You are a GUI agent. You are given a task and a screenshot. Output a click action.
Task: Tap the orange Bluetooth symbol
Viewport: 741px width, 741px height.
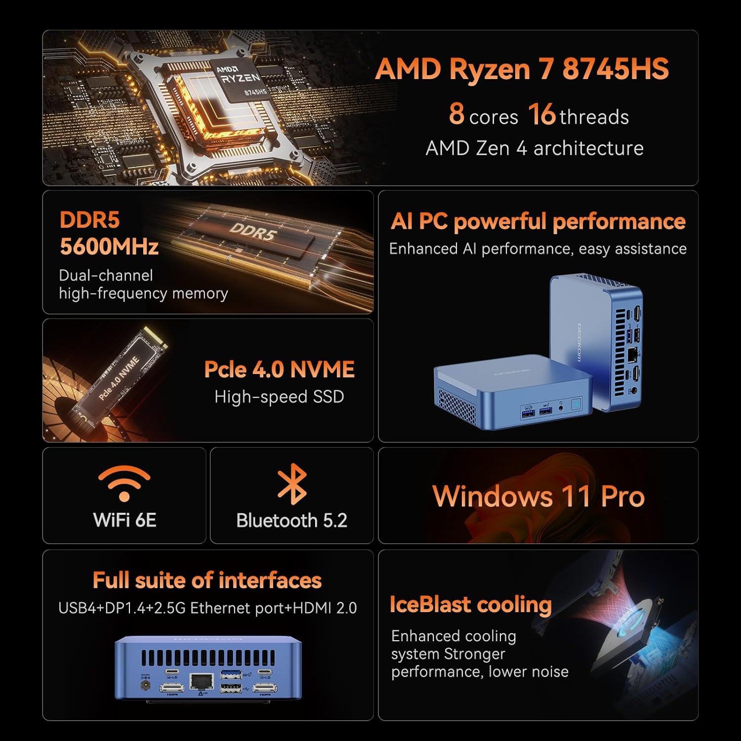292,484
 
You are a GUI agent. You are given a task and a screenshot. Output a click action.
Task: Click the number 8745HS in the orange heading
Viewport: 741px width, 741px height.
616,69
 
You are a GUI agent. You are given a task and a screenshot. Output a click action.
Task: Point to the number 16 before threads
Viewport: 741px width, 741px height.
542,114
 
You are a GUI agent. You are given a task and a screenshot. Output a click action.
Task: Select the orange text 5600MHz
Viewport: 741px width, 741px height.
109,247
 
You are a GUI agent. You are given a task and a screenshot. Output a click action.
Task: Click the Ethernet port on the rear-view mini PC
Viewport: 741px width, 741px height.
202,682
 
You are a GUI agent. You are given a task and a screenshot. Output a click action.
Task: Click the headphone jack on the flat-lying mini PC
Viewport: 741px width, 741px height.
561,409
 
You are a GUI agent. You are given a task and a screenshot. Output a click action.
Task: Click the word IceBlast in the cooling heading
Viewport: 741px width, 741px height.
429,605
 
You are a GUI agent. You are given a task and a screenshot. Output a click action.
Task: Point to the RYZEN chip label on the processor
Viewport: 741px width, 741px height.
241,79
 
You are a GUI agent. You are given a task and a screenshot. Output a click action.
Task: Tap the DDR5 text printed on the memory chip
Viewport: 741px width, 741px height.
252,231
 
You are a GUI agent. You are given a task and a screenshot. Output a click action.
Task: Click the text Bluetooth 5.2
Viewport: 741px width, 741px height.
292,521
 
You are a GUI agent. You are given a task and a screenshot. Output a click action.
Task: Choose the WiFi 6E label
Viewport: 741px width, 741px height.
124,520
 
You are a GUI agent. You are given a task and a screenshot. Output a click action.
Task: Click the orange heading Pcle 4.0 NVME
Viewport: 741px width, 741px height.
279,370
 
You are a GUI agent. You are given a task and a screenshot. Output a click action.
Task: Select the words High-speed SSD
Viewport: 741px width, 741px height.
279,397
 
